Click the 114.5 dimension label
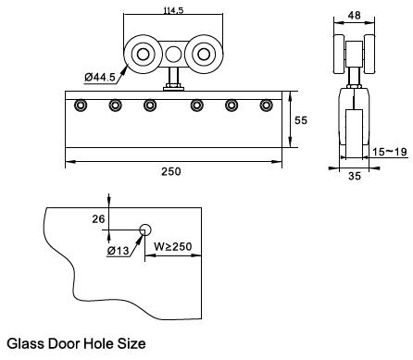(x=173, y=10)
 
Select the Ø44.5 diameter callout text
(x=100, y=77)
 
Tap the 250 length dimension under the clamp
(x=171, y=171)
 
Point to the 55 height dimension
(x=301, y=120)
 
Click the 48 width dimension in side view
(x=354, y=15)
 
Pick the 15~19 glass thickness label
(x=390, y=152)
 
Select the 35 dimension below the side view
(x=355, y=176)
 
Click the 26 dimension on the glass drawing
(x=98, y=219)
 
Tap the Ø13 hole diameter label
(x=118, y=251)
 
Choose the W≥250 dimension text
(x=173, y=246)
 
